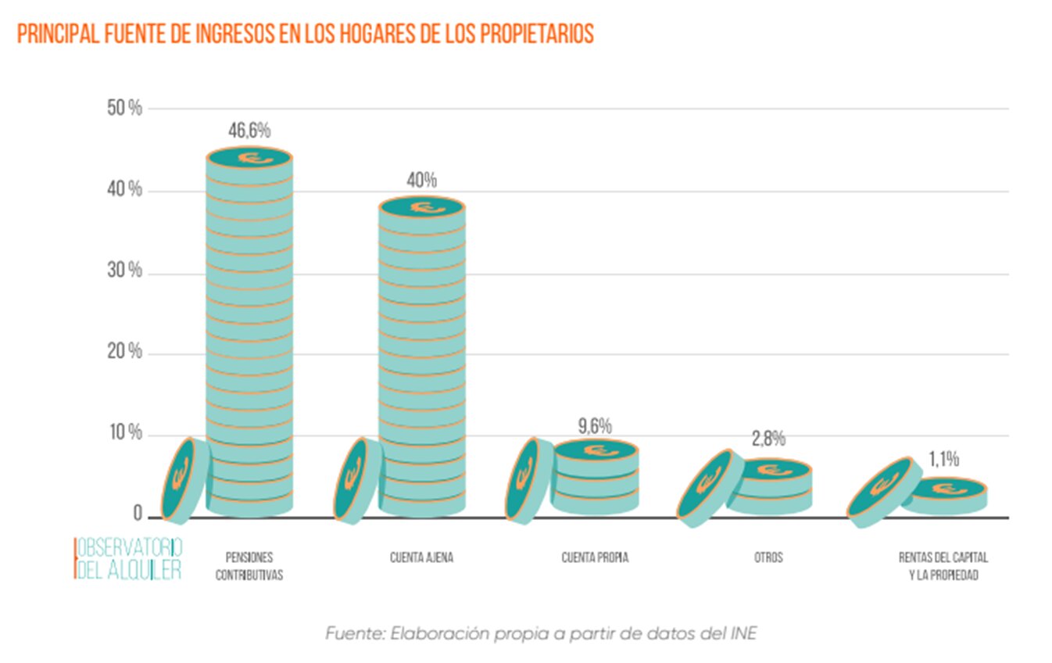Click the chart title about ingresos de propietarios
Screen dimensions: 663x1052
(x=306, y=35)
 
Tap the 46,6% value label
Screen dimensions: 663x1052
(x=249, y=131)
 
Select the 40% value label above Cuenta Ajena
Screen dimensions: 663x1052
(x=421, y=181)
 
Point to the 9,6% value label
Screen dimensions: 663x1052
(x=595, y=426)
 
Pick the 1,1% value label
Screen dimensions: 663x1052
(x=943, y=459)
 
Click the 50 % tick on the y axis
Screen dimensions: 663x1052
(x=125, y=109)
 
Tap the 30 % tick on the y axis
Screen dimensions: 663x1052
(x=125, y=271)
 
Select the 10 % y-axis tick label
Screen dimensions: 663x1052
(x=125, y=433)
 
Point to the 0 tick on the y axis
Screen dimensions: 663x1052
(x=138, y=514)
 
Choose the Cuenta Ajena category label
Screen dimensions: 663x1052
(x=421, y=558)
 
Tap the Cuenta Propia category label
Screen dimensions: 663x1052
(x=595, y=558)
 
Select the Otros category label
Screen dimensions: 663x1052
(x=768, y=558)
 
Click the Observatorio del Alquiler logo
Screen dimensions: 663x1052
(x=129, y=558)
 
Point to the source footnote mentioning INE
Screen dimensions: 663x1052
(x=541, y=633)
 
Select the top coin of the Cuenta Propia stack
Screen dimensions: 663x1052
(x=596, y=450)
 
